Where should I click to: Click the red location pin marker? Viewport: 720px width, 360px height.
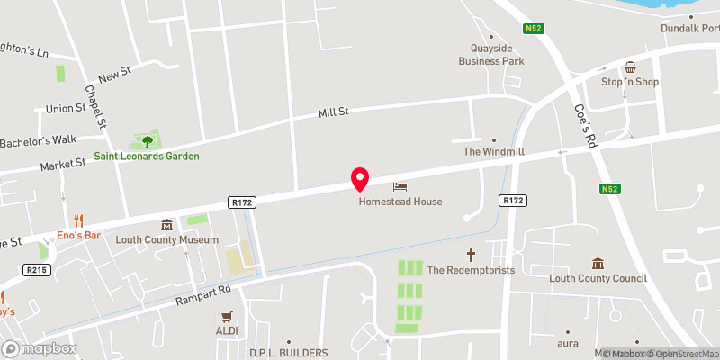360,178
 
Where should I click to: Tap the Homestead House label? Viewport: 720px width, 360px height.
400,202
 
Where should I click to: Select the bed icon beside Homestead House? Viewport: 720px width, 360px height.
400,186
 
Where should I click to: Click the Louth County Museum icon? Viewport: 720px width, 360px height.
166,225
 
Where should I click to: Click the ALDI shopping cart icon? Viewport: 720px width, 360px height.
227,316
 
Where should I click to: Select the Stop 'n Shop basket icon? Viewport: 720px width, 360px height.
631,67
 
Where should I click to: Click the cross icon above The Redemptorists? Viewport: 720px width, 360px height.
470,255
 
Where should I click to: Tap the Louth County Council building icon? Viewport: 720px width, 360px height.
598,263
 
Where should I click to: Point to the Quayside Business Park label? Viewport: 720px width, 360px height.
490,55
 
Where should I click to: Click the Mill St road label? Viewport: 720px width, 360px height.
333,112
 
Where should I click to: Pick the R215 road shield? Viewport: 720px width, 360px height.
37,269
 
